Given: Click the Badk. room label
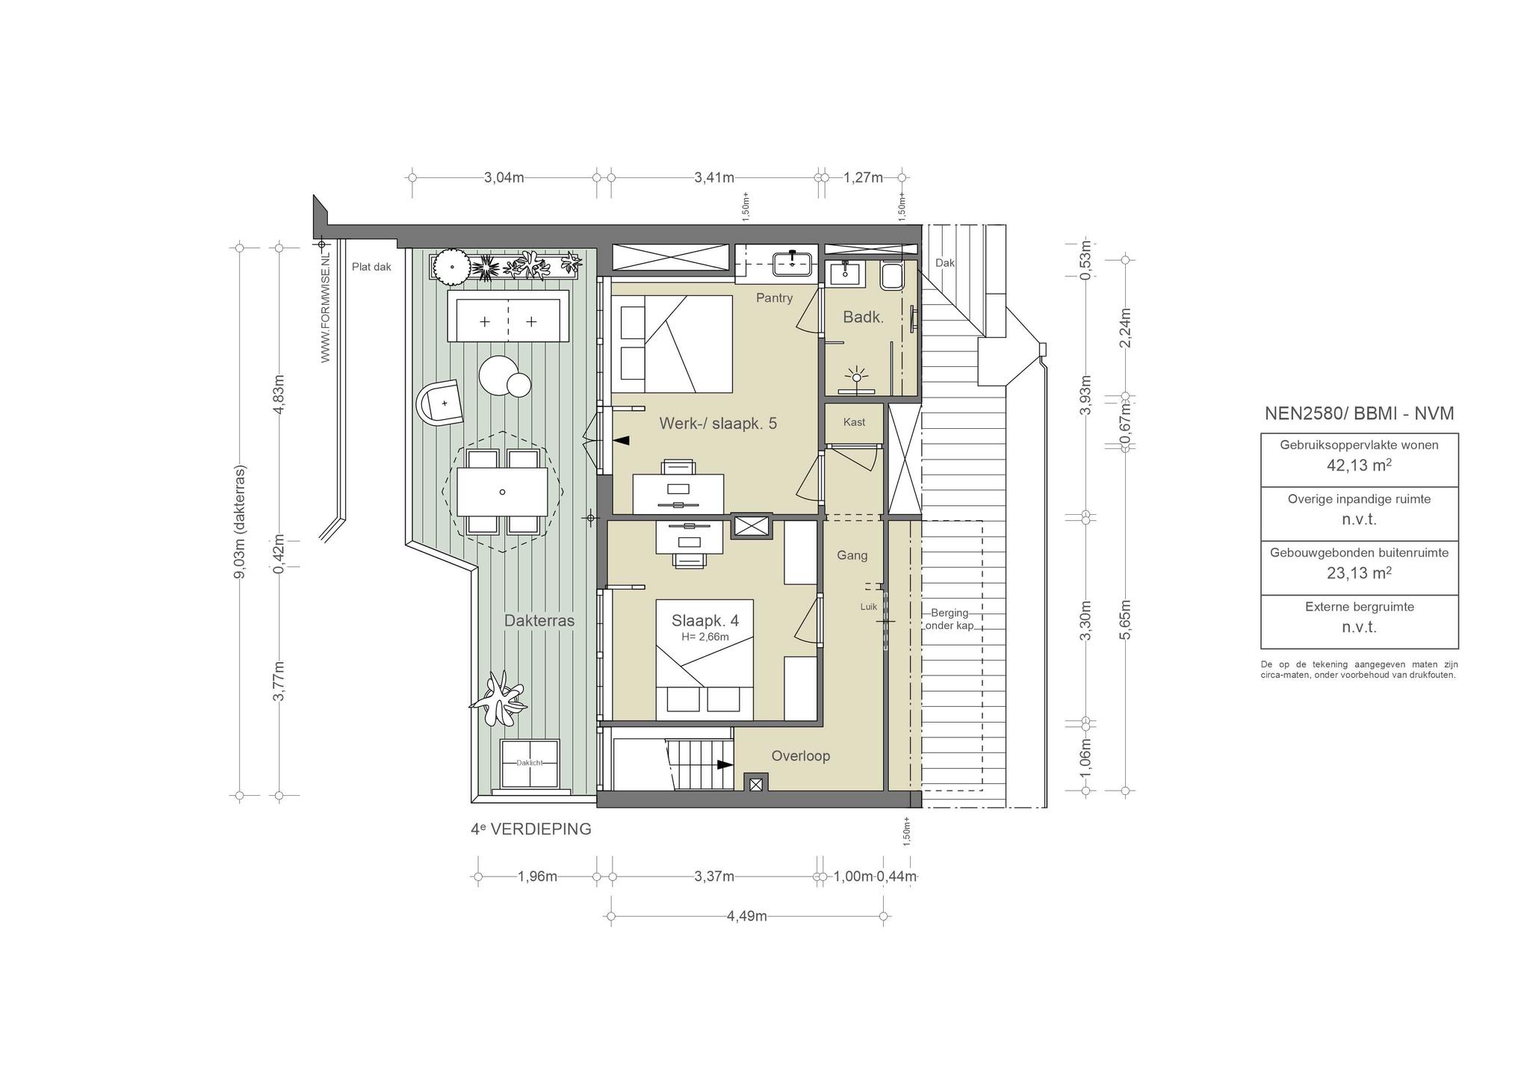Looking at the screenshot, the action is point(863,317).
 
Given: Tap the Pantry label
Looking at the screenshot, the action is point(774,298).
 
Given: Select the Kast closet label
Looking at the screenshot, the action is point(854,422).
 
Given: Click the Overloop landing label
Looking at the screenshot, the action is point(801,756).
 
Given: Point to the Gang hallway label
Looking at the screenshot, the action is point(852,555).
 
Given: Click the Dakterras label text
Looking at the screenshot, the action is point(539,621).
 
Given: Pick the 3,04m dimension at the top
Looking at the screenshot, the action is point(504,178).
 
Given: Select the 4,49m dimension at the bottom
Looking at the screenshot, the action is point(747,917).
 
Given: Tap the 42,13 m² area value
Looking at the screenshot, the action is point(1359,465).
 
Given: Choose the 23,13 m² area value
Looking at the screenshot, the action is point(1359,573).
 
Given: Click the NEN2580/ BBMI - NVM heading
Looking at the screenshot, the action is point(1359,414).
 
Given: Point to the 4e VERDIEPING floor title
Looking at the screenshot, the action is point(530,829).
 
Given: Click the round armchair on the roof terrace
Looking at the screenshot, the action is point(441,403).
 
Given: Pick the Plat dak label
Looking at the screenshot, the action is point(371,267).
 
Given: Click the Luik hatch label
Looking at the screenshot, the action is point(869,607).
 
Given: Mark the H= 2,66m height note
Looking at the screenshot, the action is point(705,637).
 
